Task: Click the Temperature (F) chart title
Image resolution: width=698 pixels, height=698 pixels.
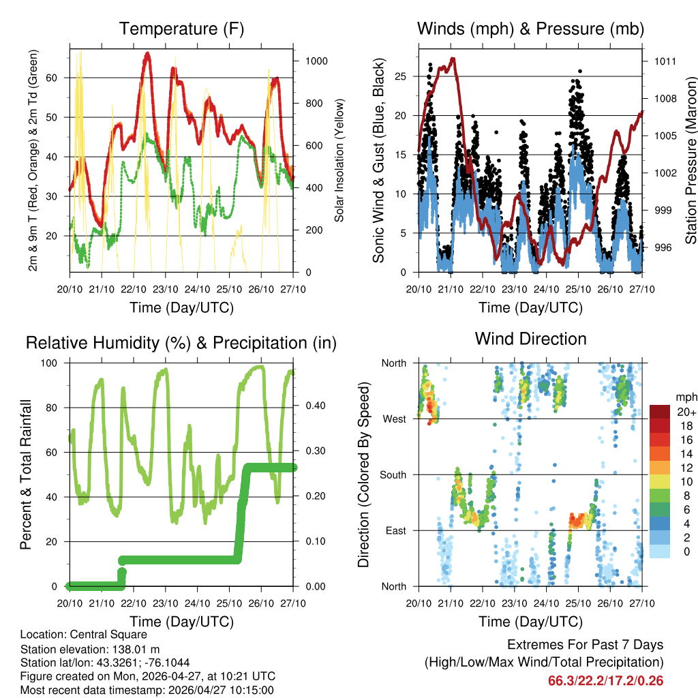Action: [181, 29]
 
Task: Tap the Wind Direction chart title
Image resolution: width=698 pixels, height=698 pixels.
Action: [530, 338]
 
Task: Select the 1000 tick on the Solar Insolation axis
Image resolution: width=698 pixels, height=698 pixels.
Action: [316, 61]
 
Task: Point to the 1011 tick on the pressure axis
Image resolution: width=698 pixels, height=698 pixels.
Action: [664, 61]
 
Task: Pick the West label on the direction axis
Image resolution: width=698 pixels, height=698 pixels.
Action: [393, 419]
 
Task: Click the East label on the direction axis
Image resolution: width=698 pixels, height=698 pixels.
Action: [395, 530]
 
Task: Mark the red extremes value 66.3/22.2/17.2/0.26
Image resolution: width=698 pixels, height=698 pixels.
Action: [605, 680]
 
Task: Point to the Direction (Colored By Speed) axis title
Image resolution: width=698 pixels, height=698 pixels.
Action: [363, 474]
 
